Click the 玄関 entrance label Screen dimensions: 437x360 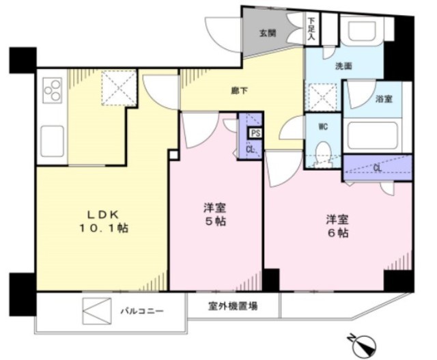(268, 33)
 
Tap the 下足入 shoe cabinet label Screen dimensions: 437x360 (311, 29)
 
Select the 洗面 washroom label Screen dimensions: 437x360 (343, 66)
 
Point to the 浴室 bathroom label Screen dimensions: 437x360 (384, 99)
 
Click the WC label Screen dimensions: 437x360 (323, 127)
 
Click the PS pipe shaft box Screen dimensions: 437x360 (255, 133)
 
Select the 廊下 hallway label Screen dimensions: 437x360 (240, 91)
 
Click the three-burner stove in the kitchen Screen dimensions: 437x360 (53, 89)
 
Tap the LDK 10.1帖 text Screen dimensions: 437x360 (104, 221)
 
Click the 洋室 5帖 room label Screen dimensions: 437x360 (215, 214)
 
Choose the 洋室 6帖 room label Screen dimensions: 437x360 (338, 226)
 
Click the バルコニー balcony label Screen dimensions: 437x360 (142, 311)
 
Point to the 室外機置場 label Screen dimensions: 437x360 (233, 306)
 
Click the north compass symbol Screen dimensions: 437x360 (364, 346)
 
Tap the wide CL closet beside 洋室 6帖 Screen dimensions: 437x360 (378, 168)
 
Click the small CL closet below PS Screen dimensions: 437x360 (251, 150)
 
